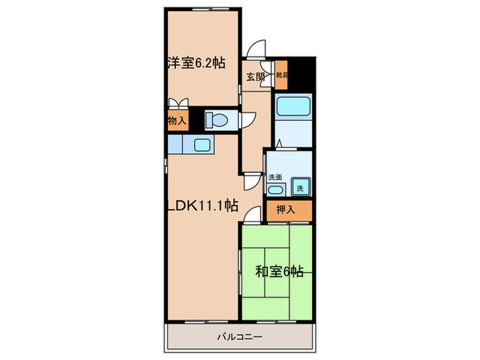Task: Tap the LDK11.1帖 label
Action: point(202,205)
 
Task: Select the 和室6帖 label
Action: point(279,272)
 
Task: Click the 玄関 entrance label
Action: point(256,77)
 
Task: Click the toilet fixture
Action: point(217,120)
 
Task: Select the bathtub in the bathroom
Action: point(293,108)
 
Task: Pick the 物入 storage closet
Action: point(176,121)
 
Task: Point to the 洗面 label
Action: point(276,176)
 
